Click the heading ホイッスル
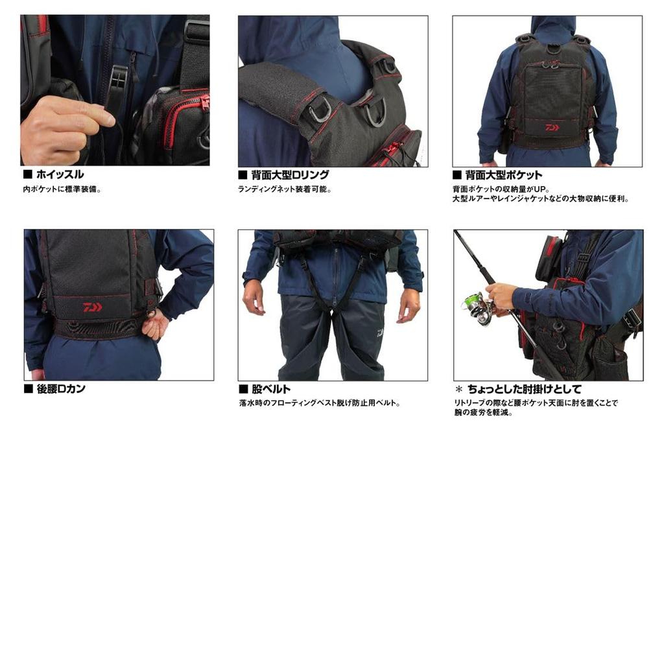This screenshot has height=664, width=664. [x=60, y=174]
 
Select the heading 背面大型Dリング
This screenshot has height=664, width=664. [x=290, y=174]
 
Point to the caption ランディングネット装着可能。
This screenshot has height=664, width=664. [x=285, y=189]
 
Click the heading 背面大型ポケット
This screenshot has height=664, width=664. [x=504, y=174]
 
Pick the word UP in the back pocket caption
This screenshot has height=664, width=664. [x=541, y=189]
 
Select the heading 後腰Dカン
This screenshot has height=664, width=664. [x=60, y=389]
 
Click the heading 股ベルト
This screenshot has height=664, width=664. [x=271, y=389]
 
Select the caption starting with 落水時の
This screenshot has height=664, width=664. [x=320, y=403]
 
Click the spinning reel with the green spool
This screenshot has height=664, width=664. [x=477, y=305]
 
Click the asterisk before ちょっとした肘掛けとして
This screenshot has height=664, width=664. [x=459, y=389]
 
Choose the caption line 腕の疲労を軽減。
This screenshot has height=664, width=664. [x=483, y=412]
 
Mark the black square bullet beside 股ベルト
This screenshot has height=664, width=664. [x=244, y=389]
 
